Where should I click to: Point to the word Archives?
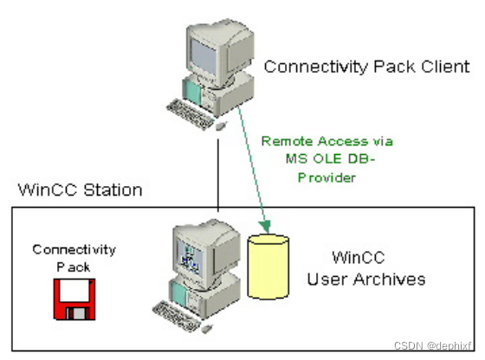coord(394,279)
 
